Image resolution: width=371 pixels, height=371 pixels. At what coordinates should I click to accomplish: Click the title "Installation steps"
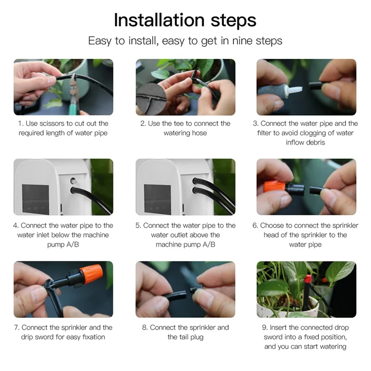[185, 20]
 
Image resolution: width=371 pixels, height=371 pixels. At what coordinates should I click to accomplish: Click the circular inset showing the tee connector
[151, 98]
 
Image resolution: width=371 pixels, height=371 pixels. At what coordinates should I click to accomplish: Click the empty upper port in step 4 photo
[74, 181]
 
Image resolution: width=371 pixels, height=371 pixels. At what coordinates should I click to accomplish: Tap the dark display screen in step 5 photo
[157, 199]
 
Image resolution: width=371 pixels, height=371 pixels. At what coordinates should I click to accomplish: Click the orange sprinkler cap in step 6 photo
[275, 186]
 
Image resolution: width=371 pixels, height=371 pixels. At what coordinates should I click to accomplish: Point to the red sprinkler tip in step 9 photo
[307, 279]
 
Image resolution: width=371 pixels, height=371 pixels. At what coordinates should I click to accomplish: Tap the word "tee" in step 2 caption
[179, 123]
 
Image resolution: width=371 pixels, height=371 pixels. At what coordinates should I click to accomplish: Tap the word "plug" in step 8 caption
[196, 338]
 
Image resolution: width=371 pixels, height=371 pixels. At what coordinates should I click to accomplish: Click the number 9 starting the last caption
[264, 327]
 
